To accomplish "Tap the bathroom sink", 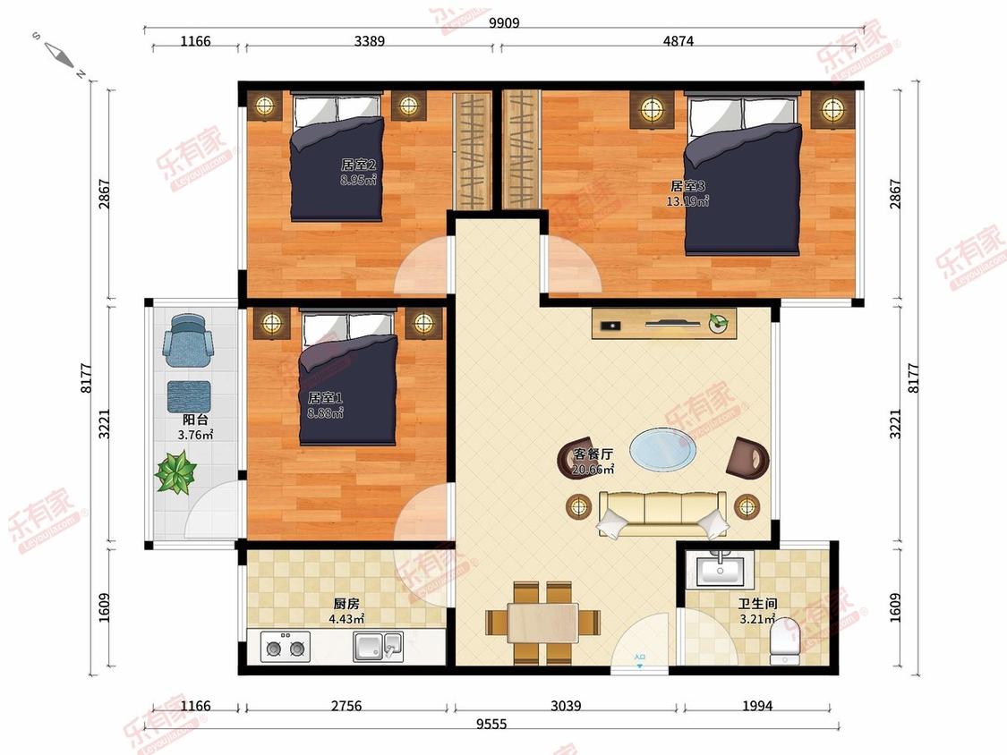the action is click(x=720, y=569).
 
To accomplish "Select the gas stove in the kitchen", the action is click(x=286, y=647).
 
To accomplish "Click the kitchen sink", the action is click(x=379, y=647).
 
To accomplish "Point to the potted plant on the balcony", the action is click(x=175, y=472).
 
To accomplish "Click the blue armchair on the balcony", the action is click(x=188, y=340).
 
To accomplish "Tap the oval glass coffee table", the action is click(x=662, y=449).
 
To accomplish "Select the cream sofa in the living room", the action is click(x=662, y=513).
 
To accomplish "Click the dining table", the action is click(x=542, y=622).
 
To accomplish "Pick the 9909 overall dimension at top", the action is click(x=504, y=23).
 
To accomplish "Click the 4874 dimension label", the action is click(x=678, y=41).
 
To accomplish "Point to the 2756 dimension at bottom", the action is click(x=346, y=706).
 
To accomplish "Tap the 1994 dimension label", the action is click(x=757, y=706).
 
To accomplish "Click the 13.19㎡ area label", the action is click(x=687, y=201).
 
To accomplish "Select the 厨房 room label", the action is click(x=346, y=604).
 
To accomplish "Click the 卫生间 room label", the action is click(x=758, y=604).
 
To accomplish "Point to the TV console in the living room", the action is click(x=664, y=324).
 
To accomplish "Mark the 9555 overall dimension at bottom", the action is click(x=491, y=725).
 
